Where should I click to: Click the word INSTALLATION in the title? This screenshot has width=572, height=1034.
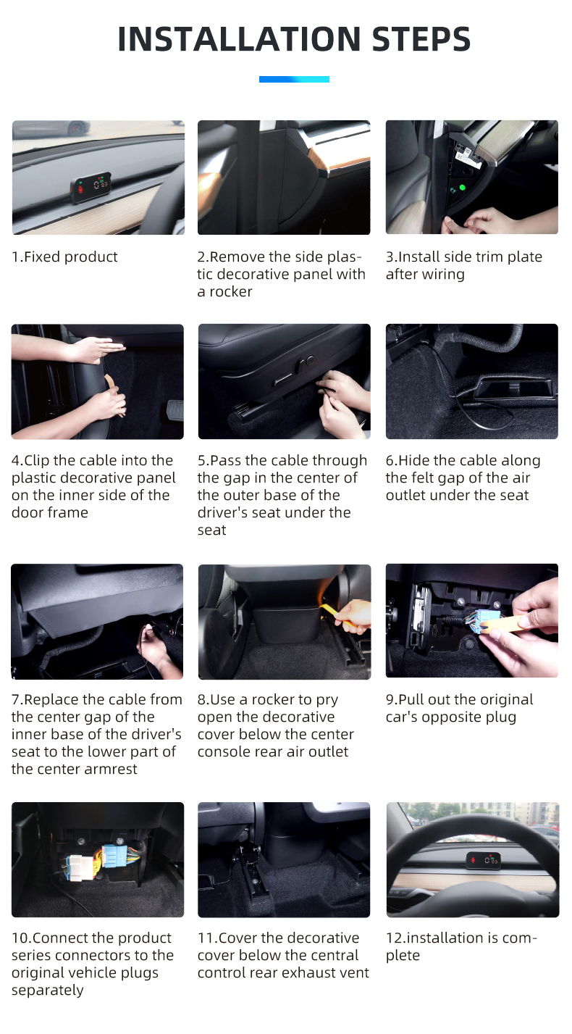[x=239, y=39]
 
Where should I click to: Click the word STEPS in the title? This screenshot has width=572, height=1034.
[x=421, y=39]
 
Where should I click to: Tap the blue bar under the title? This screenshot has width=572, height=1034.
[x=294, y=80]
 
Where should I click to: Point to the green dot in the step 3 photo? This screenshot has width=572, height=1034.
[x=462, y=188]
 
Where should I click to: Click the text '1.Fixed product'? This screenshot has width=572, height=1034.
[x=64, y=257]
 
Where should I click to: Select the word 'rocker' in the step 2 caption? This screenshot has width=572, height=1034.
[x=231, y=292]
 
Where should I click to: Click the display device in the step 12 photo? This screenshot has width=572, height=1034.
[x=484, y=860]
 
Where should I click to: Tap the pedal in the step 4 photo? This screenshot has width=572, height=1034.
[x=175, y=411]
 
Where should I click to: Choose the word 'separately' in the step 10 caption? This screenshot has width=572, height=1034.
[x=48, y=991]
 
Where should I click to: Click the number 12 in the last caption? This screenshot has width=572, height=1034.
[x=395, y=938]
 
